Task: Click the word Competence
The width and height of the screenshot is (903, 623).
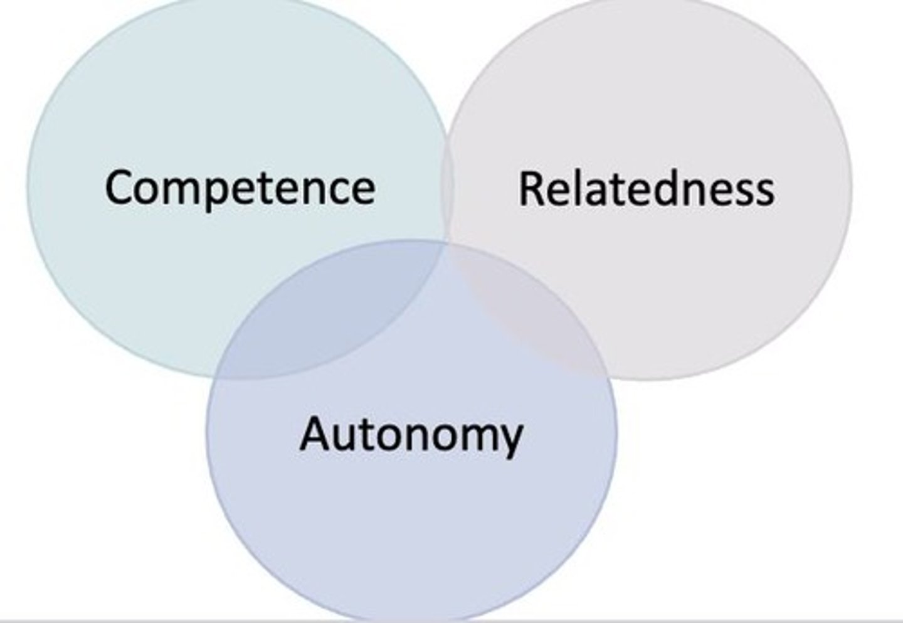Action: [240, 188]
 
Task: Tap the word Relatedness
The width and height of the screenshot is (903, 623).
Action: [647, 189]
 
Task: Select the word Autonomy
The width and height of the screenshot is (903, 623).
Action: [411, 435]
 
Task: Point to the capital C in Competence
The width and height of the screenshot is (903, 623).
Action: [120, 186]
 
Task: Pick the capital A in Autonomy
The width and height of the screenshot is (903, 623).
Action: [315, 434]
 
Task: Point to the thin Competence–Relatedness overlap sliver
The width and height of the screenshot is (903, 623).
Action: [446, 188]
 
